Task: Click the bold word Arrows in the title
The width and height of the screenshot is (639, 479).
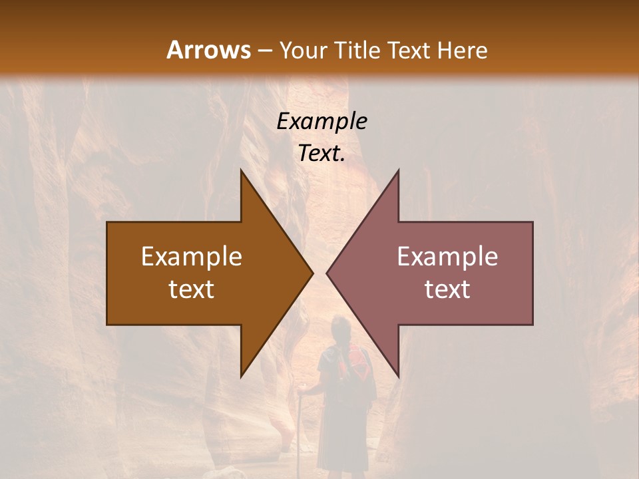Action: click(x=208, y=50)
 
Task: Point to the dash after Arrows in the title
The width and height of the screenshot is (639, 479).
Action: click(x=264, y=51)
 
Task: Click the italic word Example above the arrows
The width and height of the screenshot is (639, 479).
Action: click(x=321, y=121)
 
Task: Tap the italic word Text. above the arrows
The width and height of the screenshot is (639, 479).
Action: click(x=321, y=154)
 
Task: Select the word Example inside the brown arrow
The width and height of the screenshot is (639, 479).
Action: click(x=192, y=257)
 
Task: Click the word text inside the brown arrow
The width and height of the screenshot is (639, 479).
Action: click(x=192, y=289)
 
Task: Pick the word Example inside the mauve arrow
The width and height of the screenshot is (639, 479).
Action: click(x=447, y=257)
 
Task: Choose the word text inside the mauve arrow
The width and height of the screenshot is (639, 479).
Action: click(x=447, y=289)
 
